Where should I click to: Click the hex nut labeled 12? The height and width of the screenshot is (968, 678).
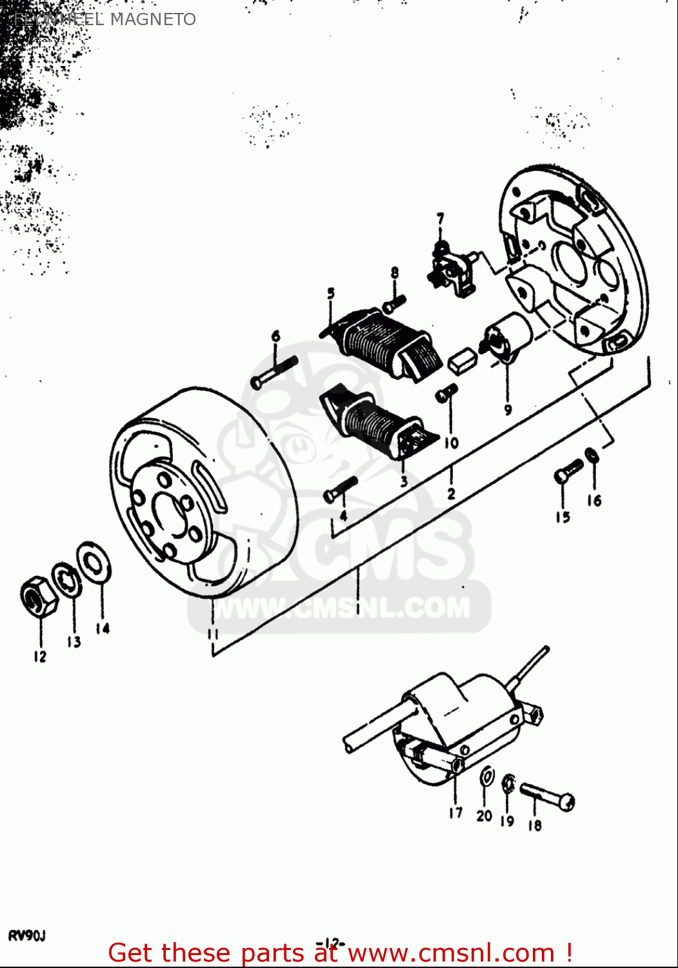pyautogui.click(x=39, y=595)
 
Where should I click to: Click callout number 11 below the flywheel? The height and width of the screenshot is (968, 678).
pyautogui.click(x=213, y=634)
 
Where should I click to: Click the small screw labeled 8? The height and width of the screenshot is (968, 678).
pyautogui.click(x=394, y=302)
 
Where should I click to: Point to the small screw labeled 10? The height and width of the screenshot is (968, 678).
pyautogui.click(x=446, y=392)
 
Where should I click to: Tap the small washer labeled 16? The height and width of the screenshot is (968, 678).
pyautogui.click(x=592, y=456)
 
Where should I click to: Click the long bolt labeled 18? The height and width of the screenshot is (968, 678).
pyautogui.click(x=547, y=794)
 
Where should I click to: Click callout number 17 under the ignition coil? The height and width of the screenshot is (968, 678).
pyautogui.click(x=455, y=812)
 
